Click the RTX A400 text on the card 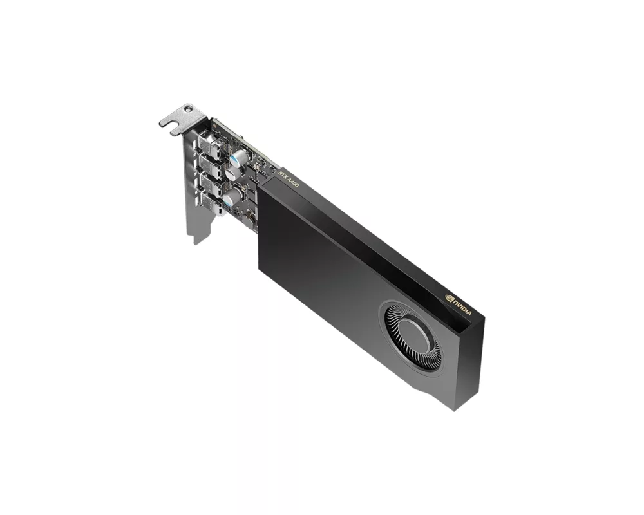tap(288, 178)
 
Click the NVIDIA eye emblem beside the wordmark tap(450, 297)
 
